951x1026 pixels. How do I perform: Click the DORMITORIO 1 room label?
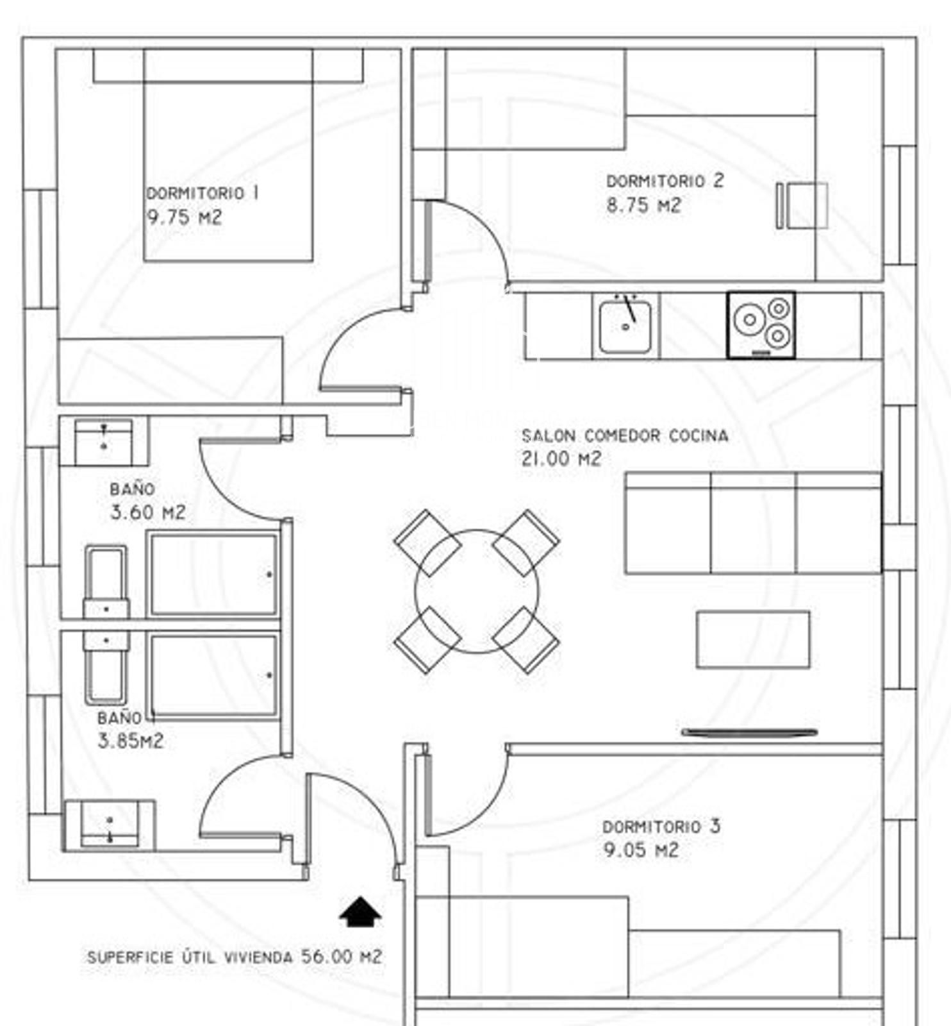[x=203, y=193]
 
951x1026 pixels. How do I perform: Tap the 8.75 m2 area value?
[x=643, y=206]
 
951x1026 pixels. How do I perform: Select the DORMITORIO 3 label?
[x=661, y=827]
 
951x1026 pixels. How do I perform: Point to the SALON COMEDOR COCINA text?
[x=625, y=436]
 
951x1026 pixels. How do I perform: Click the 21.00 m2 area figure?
[x=561, y=459]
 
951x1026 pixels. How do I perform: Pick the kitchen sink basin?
[x=625, y=327]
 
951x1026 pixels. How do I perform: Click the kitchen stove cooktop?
[x=761, y=325]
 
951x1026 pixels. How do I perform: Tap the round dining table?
[x=477, y=591]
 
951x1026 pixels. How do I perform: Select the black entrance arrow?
[x=360, y=912]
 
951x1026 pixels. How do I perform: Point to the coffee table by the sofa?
[x=753, y=639]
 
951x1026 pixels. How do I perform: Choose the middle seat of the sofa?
[x=753, y=523]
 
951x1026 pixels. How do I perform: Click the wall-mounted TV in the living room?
[x=749, y=732]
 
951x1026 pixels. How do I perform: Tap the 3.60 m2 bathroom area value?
[x=148, y=512]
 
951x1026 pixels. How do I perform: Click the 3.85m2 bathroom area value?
[x=131, y=741]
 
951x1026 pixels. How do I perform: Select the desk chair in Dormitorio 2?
[x=802, y=205]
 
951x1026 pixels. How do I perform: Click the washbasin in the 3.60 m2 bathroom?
[x=104, y=442]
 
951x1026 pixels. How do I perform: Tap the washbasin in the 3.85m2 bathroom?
[x=110, y=825]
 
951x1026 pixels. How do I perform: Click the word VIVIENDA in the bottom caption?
[x=259, y=957]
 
